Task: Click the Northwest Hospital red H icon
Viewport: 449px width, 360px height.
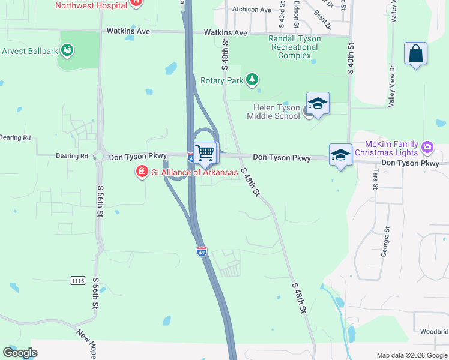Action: click(x=137, y=2)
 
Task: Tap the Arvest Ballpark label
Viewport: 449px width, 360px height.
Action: click(x=29, y=51)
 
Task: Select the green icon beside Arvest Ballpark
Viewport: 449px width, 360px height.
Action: click(x=67, y=50)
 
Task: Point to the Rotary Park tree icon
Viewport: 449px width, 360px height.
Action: click(x=253, y=79)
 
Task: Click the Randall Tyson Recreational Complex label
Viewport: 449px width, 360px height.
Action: click(x=294, y=47)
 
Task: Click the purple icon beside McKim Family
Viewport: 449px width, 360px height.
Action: click(x=427, y=146)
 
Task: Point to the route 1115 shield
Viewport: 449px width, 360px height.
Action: click(x=77, y=281)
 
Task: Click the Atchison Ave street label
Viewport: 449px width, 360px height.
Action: click(x=252, y=10)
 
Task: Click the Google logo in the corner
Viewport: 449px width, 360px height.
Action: click(x=20, y=353)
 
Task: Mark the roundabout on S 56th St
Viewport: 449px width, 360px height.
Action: click(x=99, y=157)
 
